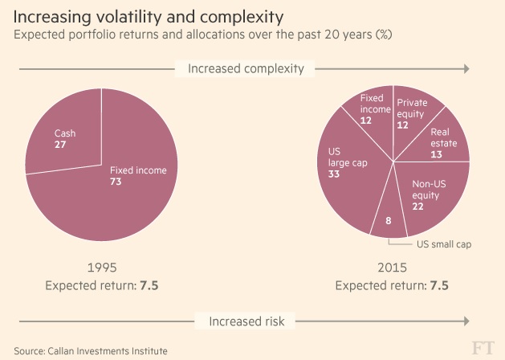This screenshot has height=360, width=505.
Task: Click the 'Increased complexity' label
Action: coord(245,69)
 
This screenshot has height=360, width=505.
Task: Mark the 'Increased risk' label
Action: coord(245,321)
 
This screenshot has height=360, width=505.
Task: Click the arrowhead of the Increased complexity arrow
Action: coord(466,69)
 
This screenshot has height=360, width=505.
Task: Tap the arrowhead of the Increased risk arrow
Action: coord(466,321)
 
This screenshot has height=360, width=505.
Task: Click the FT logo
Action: coord(483,348)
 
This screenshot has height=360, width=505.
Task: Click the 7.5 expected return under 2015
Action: coord(439,285)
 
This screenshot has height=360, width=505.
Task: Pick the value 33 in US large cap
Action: coord(335,173)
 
